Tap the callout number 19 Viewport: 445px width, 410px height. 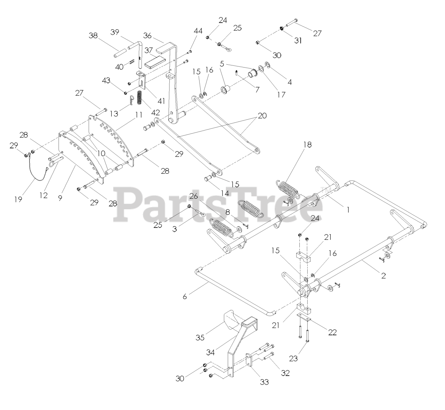18,199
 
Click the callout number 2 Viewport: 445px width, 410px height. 383,276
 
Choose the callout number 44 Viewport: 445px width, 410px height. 198,31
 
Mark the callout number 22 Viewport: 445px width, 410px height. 333,332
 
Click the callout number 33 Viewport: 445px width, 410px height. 265,382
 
